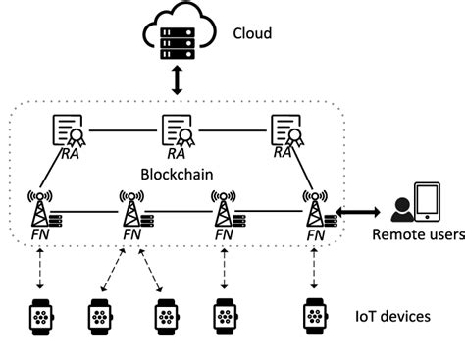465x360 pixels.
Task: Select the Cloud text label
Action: click(252, 34)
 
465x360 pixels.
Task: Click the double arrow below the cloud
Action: click(177, 81)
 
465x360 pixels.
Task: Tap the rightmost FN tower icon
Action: click(315, 209)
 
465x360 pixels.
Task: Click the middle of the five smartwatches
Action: click(166, 316)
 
